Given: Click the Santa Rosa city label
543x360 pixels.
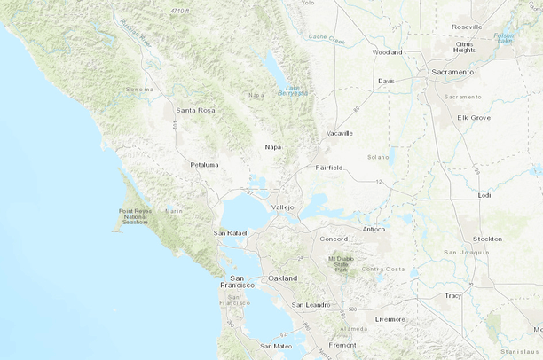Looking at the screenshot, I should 196,110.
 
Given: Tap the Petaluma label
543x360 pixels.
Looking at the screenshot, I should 204,164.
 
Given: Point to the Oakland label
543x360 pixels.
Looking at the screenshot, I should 283,278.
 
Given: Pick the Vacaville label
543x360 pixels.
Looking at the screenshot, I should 339,133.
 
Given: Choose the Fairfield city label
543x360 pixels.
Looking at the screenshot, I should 329,167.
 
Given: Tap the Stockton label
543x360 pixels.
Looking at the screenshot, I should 487,239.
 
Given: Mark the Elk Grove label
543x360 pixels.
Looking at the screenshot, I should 473,117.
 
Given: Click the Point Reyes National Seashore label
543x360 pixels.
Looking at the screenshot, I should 136,216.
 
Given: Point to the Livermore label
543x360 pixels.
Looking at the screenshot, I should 390,318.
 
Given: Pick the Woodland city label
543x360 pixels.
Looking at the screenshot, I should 387,52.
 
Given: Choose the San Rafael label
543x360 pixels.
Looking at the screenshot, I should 229,232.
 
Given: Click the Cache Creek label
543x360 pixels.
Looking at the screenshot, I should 327,39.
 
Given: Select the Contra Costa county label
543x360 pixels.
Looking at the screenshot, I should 383,269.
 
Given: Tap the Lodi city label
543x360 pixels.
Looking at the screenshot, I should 484,194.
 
